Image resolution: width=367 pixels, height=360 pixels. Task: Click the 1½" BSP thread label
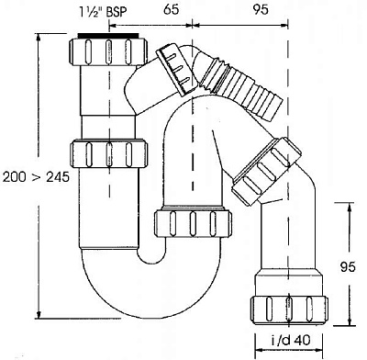coord(103,12)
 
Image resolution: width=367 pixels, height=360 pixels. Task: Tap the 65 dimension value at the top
coord(171,9)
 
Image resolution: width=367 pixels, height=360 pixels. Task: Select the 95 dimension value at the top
coord(261,9)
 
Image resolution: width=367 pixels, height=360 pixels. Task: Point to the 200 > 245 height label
coord(36,177)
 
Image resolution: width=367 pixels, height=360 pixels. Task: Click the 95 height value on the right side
coord(348,267)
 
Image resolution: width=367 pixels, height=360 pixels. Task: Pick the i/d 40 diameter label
coord(291,340)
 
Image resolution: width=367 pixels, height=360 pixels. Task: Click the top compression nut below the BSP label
coord(108,51)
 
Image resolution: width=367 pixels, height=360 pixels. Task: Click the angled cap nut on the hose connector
coord(175,70)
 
